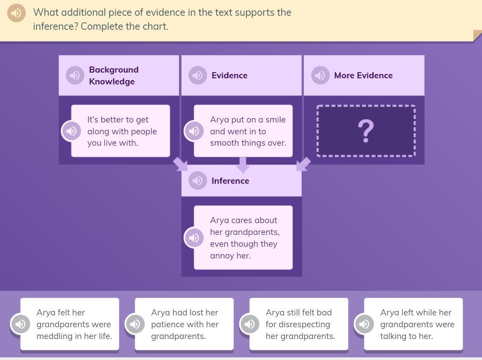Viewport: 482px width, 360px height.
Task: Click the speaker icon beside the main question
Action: coord(17,13)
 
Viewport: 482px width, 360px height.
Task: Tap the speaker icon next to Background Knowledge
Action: coord(75,75)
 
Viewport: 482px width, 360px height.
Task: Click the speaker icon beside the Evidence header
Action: coord(197,75)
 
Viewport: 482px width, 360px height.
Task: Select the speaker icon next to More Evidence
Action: coord(320,75)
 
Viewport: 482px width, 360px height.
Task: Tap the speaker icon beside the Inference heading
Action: coord(197,181)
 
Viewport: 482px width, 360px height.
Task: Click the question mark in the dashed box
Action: coord(366,131)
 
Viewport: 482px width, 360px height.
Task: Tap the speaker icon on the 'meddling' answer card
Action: coord(20,324)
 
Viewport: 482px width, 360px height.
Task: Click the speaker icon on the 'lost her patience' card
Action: coord(135,324)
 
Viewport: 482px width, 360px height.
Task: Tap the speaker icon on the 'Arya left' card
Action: coord(364,324)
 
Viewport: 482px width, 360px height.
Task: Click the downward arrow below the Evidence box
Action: coord(242,165)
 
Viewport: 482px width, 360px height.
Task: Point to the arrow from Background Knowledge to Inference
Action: coord(180,164)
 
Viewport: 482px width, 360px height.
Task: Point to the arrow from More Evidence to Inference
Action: coord(304,164)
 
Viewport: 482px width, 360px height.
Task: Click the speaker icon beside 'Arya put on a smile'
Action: coord(194,131)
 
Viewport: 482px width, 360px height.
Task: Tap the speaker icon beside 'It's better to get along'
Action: coord(71,131)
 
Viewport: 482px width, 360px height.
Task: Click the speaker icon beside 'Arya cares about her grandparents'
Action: coord(194,238)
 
